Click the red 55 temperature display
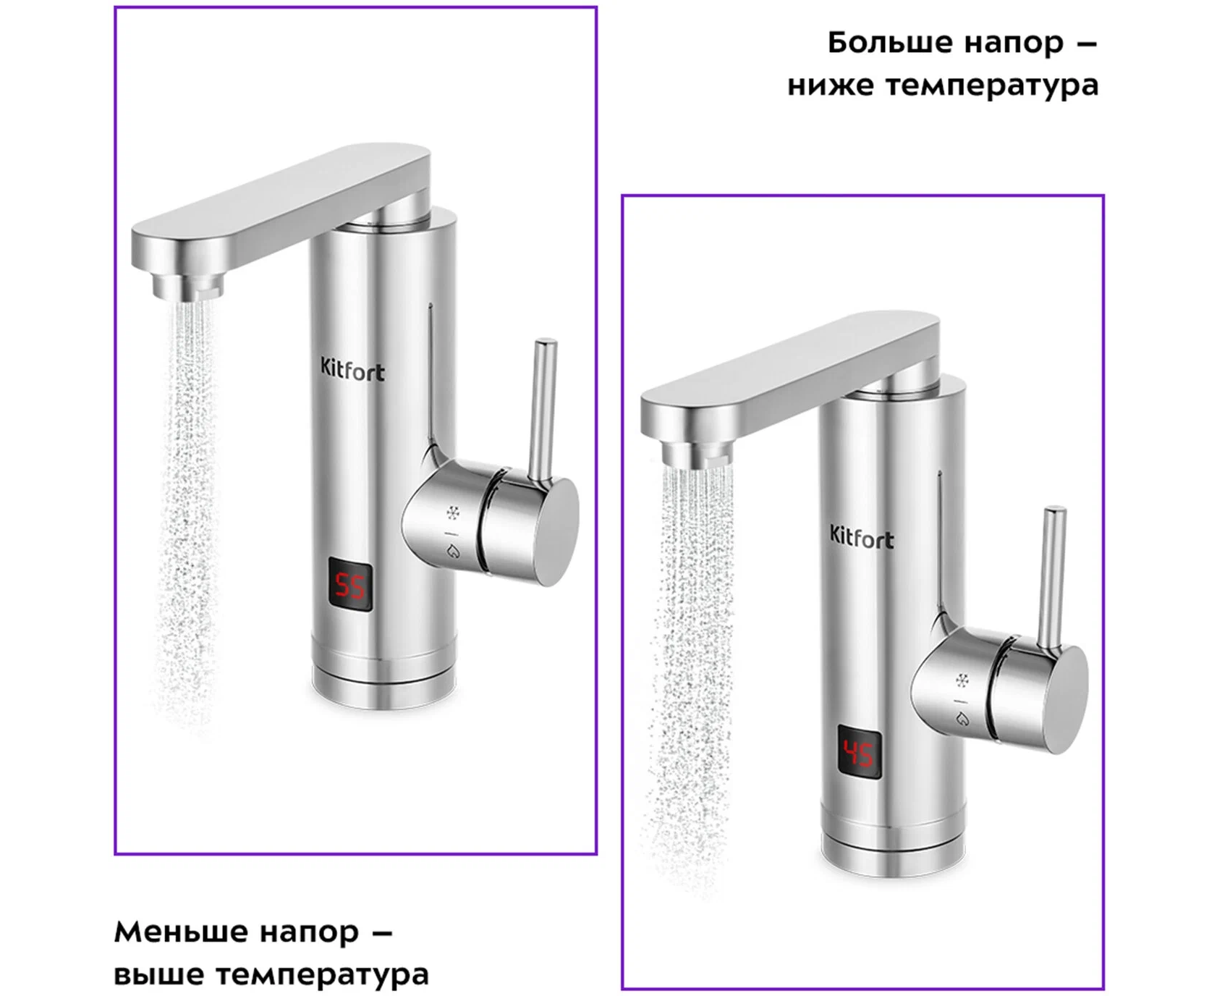pos(351,585)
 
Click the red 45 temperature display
pos(860,753)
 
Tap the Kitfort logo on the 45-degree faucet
pos(861,537)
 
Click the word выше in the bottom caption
pos(159,974)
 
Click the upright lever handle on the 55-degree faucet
pos(542,409)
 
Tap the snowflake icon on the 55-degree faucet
pos(453,513)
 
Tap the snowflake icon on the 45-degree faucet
pos(962,680)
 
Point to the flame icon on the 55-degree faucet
pos(454,552)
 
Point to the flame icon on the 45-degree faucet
pos(962,719)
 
